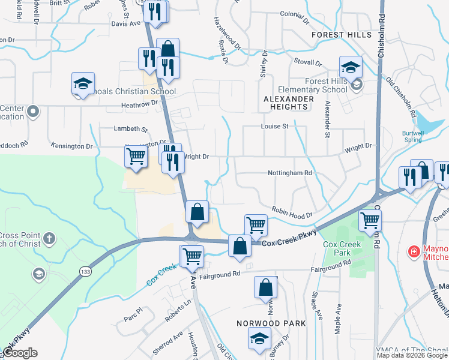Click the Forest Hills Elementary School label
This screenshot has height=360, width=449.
pos(326,85)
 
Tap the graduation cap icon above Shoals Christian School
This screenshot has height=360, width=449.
pos(83,84)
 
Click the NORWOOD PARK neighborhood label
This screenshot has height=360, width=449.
pos(271,323)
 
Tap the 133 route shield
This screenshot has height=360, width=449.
pos(83,272)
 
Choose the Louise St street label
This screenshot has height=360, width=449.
pos(275,127)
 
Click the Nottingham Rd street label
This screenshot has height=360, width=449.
pos(291,173)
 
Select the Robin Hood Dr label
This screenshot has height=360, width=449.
pos(292,212)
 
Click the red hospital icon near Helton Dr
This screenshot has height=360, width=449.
pos(414,250)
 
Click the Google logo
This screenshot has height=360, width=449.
pos(20,353)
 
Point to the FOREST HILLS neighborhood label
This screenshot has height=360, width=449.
pos(342,35)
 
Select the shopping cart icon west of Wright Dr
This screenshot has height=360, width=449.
pos(136,157)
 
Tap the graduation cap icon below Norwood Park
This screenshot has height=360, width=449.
pos(259,339)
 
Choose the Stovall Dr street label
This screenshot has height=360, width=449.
pos(308,61)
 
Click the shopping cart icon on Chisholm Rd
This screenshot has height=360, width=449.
pos(370,221)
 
